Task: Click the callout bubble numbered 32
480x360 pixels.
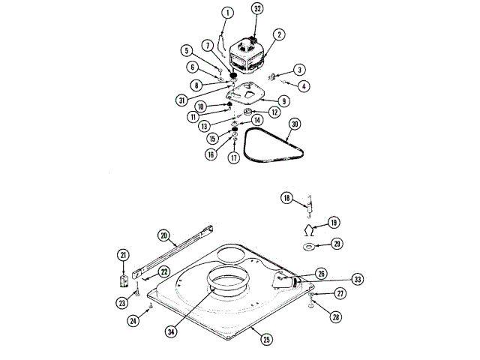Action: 258,10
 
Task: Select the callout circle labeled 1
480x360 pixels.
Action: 228,12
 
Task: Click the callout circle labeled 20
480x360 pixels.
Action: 163,235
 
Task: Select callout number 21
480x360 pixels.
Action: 123,255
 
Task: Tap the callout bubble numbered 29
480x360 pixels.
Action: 337,244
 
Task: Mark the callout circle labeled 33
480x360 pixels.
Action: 358,279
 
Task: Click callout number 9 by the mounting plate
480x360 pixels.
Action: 284,100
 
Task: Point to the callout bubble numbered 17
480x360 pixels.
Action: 233,158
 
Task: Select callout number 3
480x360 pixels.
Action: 299,70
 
